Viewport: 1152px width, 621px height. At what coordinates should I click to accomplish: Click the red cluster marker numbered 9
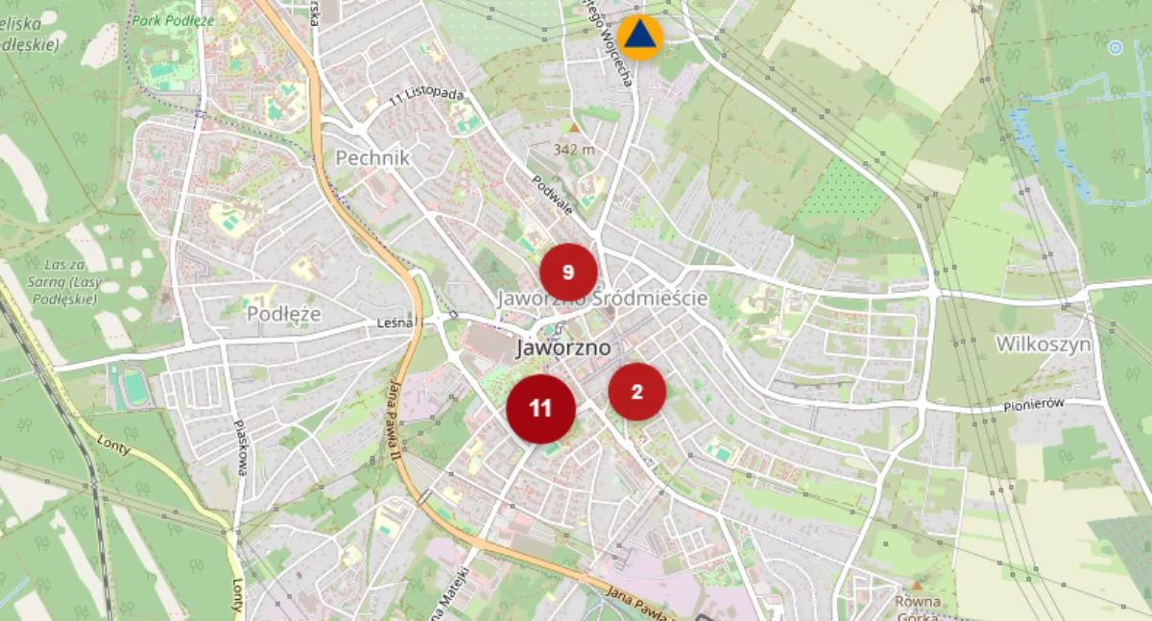click(568, 273)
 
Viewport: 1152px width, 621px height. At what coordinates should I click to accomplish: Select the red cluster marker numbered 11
click(540, 408)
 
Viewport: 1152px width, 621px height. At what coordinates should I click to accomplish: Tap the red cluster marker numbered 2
click(636, 392)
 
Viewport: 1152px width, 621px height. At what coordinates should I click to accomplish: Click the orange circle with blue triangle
click(640, 37)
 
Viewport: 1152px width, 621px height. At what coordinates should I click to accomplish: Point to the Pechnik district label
click(372, 157)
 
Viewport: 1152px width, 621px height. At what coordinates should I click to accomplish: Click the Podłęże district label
click(283, 314)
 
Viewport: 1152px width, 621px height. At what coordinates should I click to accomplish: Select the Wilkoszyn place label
click(1043, 344)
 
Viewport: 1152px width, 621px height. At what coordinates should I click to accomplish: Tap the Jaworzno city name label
click(563, 348)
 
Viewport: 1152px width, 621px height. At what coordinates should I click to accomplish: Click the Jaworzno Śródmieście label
click(602, 299)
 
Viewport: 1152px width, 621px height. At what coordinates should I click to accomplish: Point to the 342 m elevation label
click(574, 149)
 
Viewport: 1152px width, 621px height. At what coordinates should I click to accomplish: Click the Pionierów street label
click(1035, 404)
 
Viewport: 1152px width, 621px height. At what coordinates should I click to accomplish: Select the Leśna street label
click(397, 324)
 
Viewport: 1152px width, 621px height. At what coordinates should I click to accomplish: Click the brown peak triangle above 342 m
click(574, 127)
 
